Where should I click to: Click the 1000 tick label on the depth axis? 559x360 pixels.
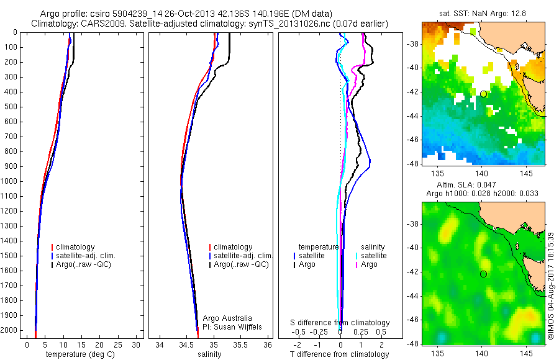[x=9, y=181]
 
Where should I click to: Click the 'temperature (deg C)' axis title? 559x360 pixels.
[x=78, y=354]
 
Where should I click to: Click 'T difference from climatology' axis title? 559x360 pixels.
[x=340, y=354]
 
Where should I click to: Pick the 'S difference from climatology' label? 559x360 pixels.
[x=340, y=323]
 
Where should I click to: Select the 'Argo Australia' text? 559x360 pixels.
[x=227, y=318]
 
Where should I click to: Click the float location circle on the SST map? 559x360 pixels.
[x=483, y=94]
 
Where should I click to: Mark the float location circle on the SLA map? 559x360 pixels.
[x=483, y=274]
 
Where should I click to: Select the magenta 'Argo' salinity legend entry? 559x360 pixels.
[x=370, y=264]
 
